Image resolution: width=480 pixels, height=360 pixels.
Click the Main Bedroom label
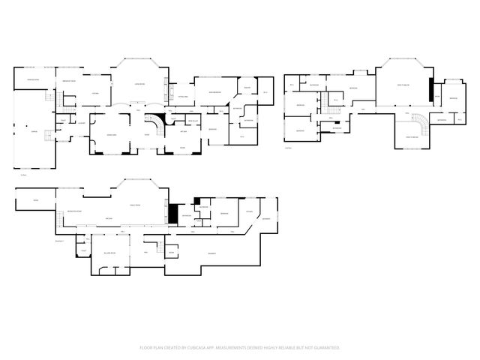pos(213,92)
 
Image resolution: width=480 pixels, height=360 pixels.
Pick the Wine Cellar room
pos(193,121)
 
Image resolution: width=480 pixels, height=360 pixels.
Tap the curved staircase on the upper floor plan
pos(421,123)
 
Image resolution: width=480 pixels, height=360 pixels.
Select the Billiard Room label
pos(109,253)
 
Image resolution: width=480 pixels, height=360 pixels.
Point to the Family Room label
pos(136,204)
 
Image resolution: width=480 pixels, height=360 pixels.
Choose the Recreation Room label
pos(75,212)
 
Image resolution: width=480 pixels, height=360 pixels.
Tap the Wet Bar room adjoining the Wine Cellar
pos(184,130)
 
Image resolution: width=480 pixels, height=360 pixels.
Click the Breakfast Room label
pos(71,80)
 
